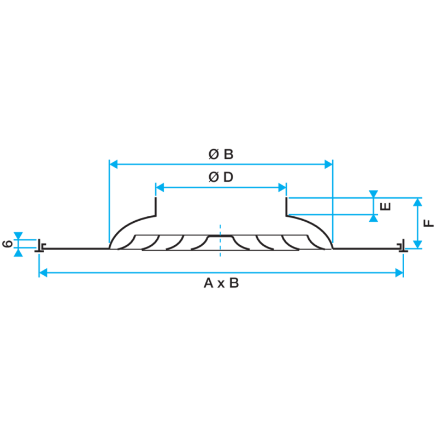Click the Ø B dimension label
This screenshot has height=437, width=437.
tap(221, 154)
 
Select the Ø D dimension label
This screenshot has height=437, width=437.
tap(221, 177)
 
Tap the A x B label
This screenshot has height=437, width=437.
tap(221, 283)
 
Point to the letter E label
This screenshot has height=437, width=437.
tap(386, 206)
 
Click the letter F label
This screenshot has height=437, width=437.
tap(429, 223)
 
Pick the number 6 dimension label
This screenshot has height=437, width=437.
tap(8, 244)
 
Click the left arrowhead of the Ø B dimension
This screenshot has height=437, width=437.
tap(114, 164)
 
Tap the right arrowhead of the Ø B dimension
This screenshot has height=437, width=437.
tap(329, 164)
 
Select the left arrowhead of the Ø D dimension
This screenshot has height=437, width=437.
tap(160, 187)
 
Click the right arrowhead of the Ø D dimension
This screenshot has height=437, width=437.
tap(282, 187)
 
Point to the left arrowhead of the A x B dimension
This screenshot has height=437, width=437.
tap(43, 273)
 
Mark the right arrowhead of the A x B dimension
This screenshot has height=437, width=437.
tap(399, 273)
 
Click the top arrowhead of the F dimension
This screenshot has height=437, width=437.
tap(417, 202)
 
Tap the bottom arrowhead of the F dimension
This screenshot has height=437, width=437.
tap(417, 244)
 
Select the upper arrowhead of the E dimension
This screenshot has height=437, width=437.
tap(374, 194)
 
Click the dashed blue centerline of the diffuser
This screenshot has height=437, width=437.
tap(220, 240)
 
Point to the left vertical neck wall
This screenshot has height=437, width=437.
tap(156, 206)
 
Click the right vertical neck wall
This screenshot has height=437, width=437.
tap(286, 206)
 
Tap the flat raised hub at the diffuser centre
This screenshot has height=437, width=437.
tap(220, 236)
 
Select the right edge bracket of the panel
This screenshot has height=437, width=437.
tap(403, 246)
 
